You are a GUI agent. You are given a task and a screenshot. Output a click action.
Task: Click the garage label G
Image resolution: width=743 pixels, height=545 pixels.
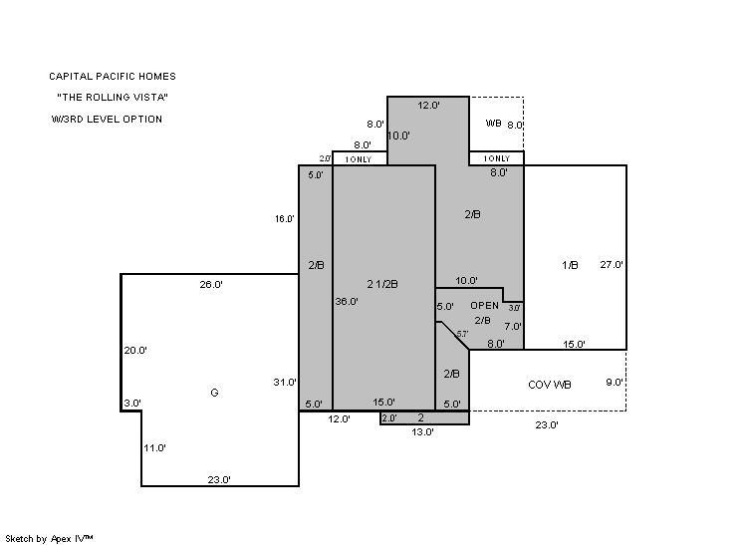click(x=214, y=393)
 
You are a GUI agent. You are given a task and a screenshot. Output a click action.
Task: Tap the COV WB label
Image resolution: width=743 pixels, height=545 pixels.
click(x=549, y=385)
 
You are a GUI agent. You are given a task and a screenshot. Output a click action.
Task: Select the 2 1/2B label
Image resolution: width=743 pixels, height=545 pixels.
click(x=382, y=284)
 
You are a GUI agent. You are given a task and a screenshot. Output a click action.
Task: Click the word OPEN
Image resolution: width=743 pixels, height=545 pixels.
click(x=484, y=306)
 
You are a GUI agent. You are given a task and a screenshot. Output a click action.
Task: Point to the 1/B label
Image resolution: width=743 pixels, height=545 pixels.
click(x=570, y=265)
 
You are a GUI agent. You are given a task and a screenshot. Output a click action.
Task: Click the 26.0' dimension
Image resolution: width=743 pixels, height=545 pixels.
click(x=211, y=284)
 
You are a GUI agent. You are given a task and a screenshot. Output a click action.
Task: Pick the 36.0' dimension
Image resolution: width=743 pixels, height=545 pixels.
click(x=347, y=301)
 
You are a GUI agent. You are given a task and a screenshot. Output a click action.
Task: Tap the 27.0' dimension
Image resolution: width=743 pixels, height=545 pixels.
click(x=612, y=264)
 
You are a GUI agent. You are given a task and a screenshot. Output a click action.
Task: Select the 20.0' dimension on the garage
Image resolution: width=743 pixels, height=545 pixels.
click(x=135, y=351)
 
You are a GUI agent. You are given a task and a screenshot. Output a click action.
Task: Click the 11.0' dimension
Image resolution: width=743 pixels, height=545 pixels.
click(x=154, y=447)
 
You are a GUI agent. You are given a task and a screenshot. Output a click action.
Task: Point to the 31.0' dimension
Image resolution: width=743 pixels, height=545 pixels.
click(x=284, y=382)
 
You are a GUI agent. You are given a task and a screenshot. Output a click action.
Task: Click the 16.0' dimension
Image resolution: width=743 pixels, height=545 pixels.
click(x=284, y=218)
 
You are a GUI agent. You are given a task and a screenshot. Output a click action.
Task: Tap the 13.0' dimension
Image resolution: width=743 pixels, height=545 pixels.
click(x=422, y=431)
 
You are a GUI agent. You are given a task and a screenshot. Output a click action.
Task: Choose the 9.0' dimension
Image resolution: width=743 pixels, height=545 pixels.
click(x=615, y=382)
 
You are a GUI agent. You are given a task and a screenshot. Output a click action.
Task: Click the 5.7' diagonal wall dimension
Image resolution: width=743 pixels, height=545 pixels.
click(x=462, y=334)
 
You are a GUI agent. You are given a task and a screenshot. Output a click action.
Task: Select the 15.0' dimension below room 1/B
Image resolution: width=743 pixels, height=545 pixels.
click(x=574, y=344)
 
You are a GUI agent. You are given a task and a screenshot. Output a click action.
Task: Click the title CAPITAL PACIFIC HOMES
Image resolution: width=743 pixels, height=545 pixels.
click(x=113, y=77)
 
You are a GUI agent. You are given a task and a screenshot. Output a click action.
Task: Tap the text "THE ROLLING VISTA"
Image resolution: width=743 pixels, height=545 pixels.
click(x=113, y=98)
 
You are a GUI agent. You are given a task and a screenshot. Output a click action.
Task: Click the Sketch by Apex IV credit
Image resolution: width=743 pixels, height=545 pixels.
click(x=49, y=538)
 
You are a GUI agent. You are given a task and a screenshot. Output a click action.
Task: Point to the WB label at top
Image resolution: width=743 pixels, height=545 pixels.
click(x=493, y=124)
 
